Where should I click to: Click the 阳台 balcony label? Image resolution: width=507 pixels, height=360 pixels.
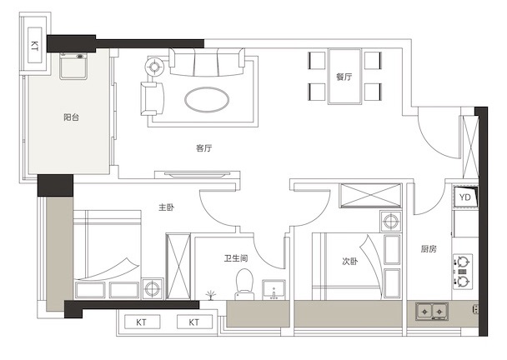71,117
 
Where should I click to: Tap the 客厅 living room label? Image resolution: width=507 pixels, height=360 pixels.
203,148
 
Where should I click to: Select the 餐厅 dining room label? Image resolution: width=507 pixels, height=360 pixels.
344,77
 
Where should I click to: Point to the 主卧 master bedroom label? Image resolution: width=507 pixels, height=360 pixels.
167,207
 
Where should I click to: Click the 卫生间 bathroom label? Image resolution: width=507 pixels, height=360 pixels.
236,258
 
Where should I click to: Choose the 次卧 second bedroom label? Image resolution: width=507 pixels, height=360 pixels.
350,261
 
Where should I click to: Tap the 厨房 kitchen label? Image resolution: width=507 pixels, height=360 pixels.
429,249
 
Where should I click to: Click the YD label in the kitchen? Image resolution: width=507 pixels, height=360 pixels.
465,197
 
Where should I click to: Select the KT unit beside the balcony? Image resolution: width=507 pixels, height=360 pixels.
34,45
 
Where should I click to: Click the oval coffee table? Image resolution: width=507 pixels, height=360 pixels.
207,99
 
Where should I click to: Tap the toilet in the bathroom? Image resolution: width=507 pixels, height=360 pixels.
244,284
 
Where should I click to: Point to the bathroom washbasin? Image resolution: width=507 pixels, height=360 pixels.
274,289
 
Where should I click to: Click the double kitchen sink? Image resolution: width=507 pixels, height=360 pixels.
432,312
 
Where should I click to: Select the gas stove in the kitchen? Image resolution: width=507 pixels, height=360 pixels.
463,271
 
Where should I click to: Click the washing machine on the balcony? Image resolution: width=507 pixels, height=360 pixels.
73,66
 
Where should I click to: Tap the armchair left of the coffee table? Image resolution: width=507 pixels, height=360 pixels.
153,98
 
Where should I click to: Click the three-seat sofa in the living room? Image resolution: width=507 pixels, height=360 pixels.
207,62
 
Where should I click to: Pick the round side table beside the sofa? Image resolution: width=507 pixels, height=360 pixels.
154,67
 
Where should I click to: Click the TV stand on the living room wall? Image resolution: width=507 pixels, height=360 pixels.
198,175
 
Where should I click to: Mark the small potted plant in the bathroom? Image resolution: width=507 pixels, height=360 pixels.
210,295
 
